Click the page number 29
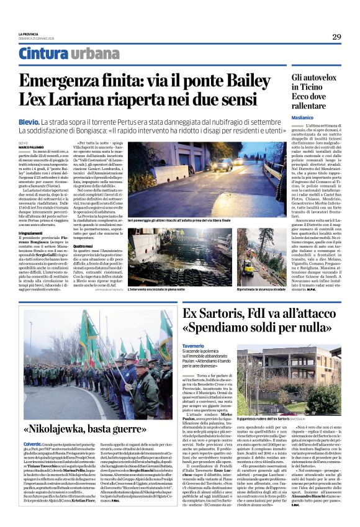pos(336,37)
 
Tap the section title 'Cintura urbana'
pos(60,55)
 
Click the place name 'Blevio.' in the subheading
pos(28,122)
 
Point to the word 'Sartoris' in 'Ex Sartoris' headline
pos(224,312)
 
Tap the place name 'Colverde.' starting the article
pos(32,444)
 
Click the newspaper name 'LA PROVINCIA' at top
pos(29,34)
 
